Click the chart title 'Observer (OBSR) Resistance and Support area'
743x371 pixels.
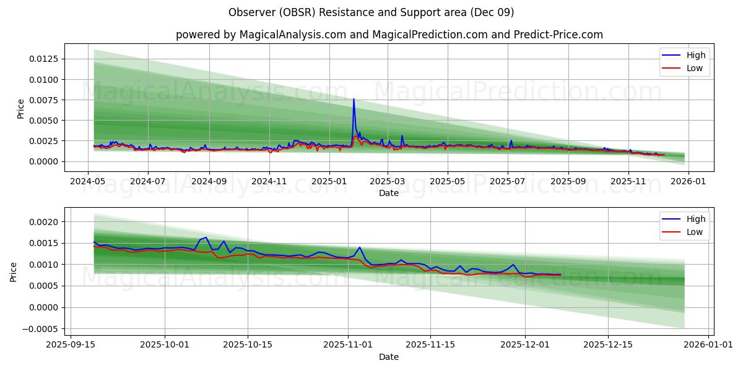371,12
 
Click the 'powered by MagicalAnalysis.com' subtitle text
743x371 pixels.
261,35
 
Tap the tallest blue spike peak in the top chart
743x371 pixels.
354,99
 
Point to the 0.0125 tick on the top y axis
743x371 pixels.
41,59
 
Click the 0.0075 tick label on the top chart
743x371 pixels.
41,100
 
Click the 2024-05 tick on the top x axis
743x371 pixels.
87,182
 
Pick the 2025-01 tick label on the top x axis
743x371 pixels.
328,182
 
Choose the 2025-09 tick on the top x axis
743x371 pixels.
568,182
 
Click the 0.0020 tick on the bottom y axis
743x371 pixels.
44,222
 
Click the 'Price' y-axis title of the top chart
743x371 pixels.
20,109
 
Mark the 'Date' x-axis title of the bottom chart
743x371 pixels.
389,357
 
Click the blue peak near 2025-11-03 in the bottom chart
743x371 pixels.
359,247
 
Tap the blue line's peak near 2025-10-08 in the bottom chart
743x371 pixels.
206,237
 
